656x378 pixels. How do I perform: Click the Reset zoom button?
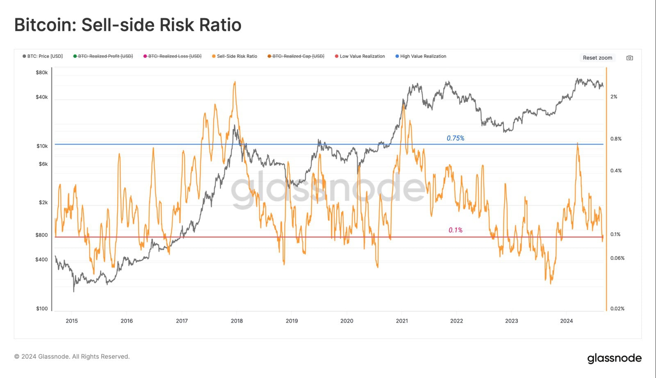[597, 58]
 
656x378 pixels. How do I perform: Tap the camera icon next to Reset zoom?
[630, 58]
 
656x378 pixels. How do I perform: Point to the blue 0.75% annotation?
[456, 138]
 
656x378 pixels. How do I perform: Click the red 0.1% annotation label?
[456, 230]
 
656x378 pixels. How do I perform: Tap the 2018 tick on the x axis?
[237, 321]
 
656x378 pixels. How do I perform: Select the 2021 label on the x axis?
[402, 321]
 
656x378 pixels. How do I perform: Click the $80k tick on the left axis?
[42, 73]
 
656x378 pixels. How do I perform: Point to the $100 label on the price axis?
[42, 309]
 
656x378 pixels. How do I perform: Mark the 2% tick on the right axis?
[614, 97]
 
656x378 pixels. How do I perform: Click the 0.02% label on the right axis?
[617, 309]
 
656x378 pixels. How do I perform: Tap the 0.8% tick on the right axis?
[616, 139]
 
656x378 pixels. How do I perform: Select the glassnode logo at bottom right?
[614, 358]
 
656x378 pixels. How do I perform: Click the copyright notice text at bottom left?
[72, 357]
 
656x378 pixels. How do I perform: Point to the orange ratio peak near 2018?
[235, 82]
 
